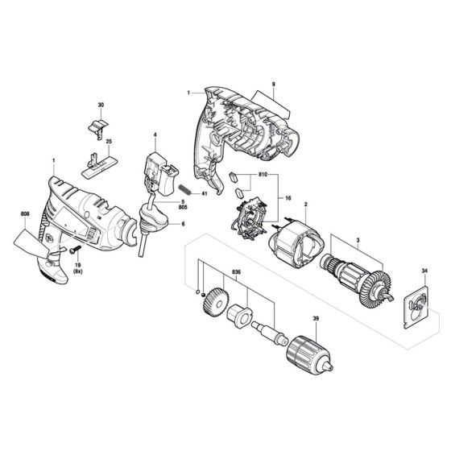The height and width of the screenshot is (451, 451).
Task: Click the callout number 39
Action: [x=316, y=319]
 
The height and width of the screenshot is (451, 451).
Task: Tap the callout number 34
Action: [x=424, y=271]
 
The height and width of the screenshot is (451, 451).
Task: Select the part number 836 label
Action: [x=236, y=272]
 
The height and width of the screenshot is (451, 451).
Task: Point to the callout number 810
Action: [x=263, y=175]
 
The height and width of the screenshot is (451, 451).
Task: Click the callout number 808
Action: [x=25, y=214]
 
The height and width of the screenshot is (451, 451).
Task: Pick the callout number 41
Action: [x=205, y=193]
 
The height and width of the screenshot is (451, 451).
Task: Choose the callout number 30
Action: [x=101, y=105]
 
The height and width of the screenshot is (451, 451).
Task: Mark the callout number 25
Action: [x=109, y=142]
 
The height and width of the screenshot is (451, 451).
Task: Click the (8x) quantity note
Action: [x=77, y=271]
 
